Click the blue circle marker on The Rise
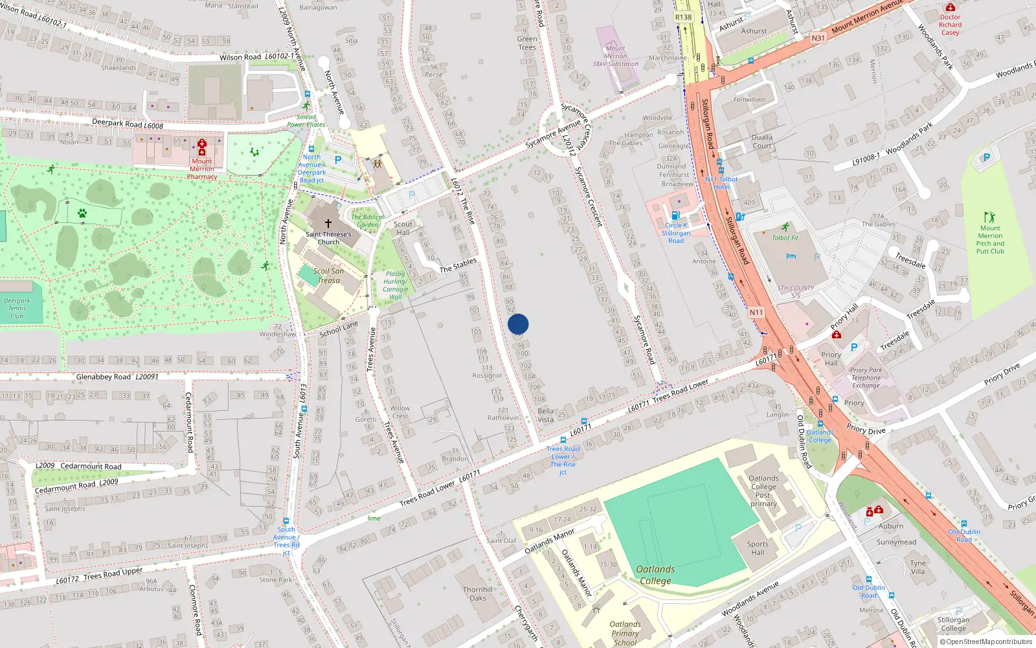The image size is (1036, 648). pyautogui.click(x=518, y=324)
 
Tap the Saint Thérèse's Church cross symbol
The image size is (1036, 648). pyautogui.click(x=328, y=224)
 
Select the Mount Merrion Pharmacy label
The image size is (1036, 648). pyautogui.click(x=202, y=169)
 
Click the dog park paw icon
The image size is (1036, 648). pyautogui.click(x=82, y=213)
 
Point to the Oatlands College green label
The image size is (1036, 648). pyautogui.click(x=655, y=575)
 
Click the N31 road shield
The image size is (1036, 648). pyautogui.click(x=818, y=38)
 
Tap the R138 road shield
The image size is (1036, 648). pyautogui.click(x=683, y=17)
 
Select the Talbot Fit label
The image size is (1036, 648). pyautogui.click(x=785, y=238)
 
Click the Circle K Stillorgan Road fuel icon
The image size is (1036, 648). pyautogui.click(x=675, y=215)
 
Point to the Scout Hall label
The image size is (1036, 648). pyautogui.click(x=403, y=228)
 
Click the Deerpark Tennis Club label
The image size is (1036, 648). pyautogui.click(x=17, y=308)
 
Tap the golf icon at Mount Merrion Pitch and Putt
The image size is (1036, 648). pyautogui.click(x=989, y=217)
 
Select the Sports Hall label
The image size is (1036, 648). pyautogui.click(x=758, y=548)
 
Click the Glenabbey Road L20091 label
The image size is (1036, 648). pyautogui.click(x=117, y=376)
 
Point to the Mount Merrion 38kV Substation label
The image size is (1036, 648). pyautogui.click(x=615, y=56)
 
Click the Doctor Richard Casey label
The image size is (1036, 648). pyautogui.click(x=950, y=25)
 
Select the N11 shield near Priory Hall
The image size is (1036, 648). pyautogui.click(x=756, y=312)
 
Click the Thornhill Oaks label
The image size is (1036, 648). pyautogui.click(x=478, y=594)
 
